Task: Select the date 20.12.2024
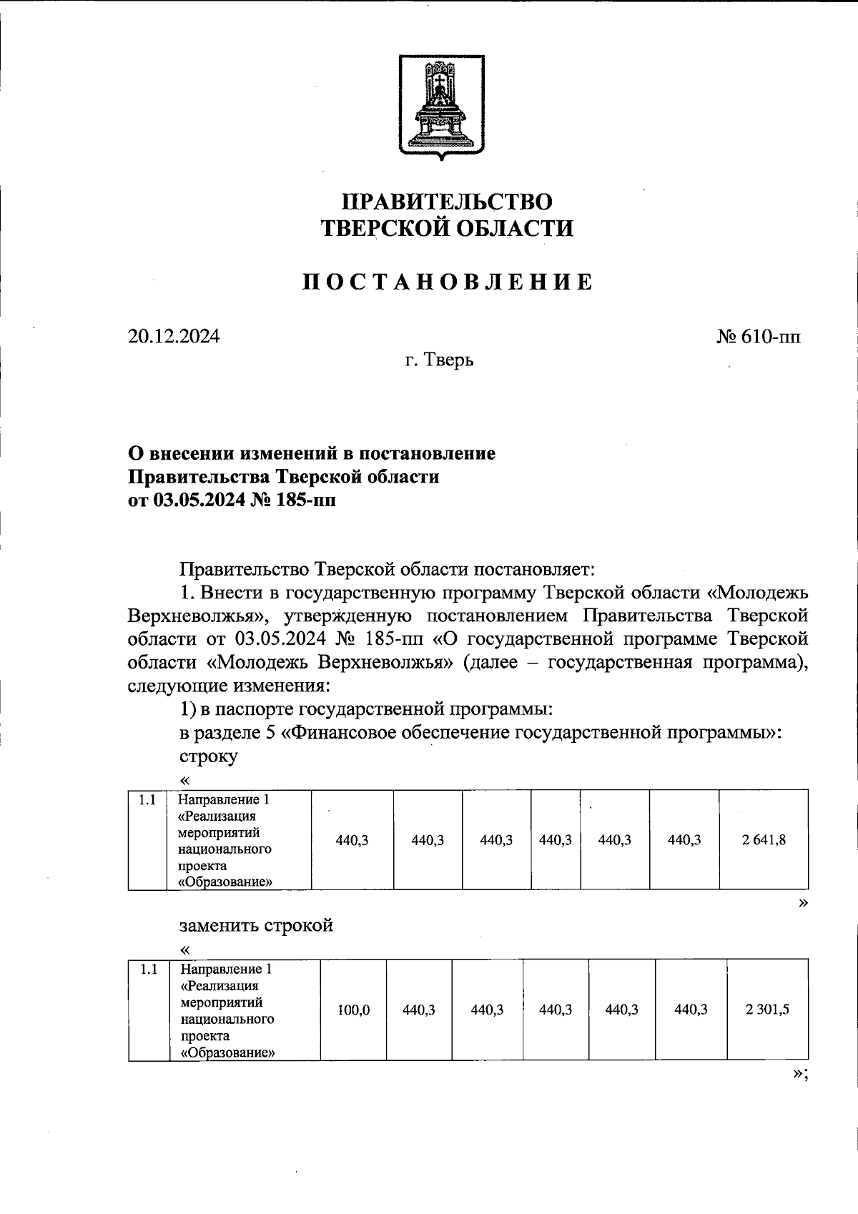(174, 336)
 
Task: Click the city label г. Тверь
(439, 360)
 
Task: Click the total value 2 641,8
(764, 840)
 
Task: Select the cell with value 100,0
(354, 1010)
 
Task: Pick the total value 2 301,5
(767, 1010)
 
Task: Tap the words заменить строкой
(256, 925)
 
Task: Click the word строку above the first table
(208, 756)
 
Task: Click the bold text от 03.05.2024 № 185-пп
(231, 500)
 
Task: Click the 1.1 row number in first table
(147, 800)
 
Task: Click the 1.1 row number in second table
(149, 970)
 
